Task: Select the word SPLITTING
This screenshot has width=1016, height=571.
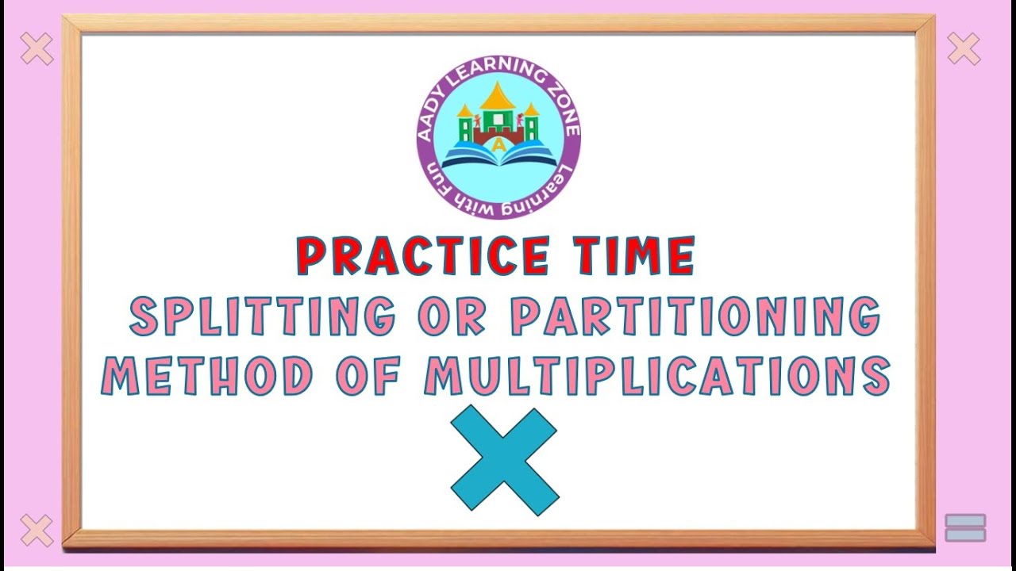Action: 262,316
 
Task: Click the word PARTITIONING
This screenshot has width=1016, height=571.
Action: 695,316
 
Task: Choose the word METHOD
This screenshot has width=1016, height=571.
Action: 208,376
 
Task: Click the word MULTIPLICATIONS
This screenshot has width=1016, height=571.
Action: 656,376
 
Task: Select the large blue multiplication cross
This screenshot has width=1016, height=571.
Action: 504,458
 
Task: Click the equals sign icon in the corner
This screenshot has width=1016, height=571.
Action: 965,527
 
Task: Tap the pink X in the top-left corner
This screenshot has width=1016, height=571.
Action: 37,49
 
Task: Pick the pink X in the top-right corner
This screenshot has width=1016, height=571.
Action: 964,49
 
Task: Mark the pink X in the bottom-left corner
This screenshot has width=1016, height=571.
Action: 37,530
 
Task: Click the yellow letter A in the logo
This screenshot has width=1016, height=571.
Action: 498,144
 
